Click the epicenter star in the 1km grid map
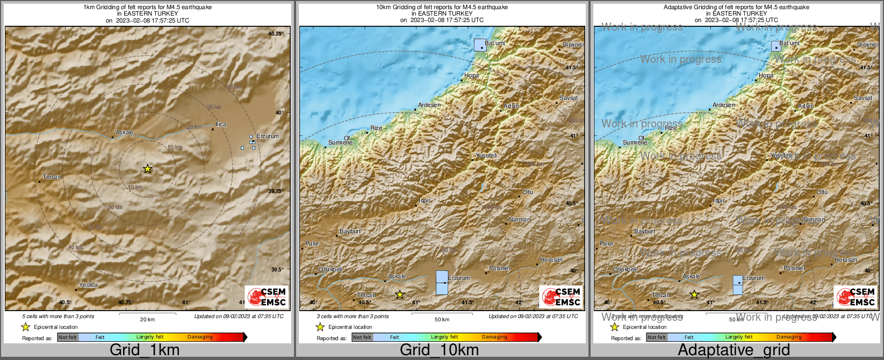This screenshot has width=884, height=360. pos(147,169)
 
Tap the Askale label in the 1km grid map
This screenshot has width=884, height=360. pos(124,132)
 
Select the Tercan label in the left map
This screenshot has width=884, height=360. pos(52,177)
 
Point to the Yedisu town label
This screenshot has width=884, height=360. pos(88,285)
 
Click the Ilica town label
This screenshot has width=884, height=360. pos(221,124)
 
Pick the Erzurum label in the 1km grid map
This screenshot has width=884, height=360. pos(268,136)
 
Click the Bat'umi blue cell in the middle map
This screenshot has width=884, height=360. pos(480,44)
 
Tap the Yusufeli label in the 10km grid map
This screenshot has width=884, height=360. pos(486,155)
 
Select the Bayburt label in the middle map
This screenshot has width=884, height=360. pos(350,231)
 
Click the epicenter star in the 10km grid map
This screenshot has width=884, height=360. pos(399,294)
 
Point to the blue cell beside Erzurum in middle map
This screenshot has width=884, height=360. pos(442,282)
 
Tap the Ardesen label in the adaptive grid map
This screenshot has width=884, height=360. pos(723,105)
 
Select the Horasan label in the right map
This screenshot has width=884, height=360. pos(846,260)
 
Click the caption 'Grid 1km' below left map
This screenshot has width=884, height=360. pos(145,350)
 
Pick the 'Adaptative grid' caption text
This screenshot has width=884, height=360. pos(734,350)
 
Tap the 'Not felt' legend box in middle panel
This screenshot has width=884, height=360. pos(362,337)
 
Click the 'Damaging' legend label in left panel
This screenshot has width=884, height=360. pos(200,337)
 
